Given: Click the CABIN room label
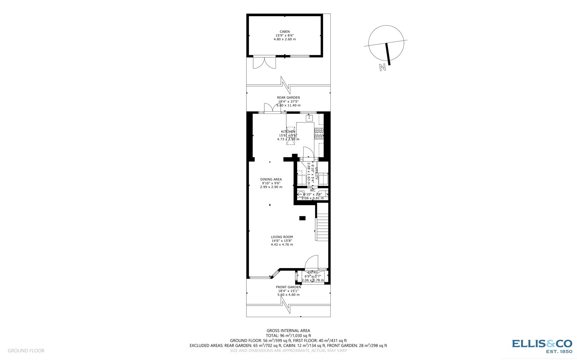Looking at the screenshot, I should coord(285,32).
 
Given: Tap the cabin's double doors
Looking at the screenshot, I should coord(264,63).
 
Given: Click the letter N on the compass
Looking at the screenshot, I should coord(383,67).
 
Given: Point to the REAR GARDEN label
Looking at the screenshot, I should coord(288,98).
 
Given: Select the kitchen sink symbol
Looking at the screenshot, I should coord(309,117).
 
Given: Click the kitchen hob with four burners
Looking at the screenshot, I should coord(319,134).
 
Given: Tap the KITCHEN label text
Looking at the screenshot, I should coord(288,132).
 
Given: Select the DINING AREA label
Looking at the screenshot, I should coord(271,179).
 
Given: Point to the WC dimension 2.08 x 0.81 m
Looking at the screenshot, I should coord(313,198).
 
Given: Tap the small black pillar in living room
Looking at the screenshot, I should coord(302,218).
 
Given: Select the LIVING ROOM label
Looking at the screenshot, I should coord(282,237).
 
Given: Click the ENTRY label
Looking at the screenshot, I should coord(313,272).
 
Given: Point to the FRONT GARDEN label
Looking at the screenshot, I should coord(288,287).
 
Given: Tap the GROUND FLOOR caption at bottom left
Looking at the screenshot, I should coord(26,351).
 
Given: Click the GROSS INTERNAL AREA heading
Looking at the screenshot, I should coord(288,330).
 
